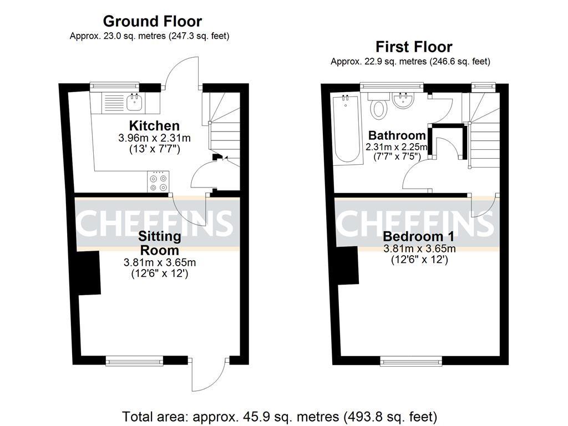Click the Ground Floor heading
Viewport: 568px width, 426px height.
153,22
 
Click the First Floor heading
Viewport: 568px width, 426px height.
414,47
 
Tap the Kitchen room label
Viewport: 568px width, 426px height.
154,126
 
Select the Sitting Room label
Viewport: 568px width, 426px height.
159,243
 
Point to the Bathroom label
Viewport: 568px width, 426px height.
397,135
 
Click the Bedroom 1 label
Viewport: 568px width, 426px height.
418,236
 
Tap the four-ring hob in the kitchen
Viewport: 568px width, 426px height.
158,181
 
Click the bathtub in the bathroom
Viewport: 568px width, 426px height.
347,129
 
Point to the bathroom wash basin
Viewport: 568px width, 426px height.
403,100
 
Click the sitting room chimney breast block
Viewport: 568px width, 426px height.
89,272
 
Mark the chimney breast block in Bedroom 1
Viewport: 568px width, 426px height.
348,266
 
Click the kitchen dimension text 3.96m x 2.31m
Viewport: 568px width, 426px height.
154,138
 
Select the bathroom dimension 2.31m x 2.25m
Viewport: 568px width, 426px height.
397,147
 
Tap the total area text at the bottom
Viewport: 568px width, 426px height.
280,417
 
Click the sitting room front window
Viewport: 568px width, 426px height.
134,361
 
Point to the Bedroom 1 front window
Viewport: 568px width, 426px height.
411,361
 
